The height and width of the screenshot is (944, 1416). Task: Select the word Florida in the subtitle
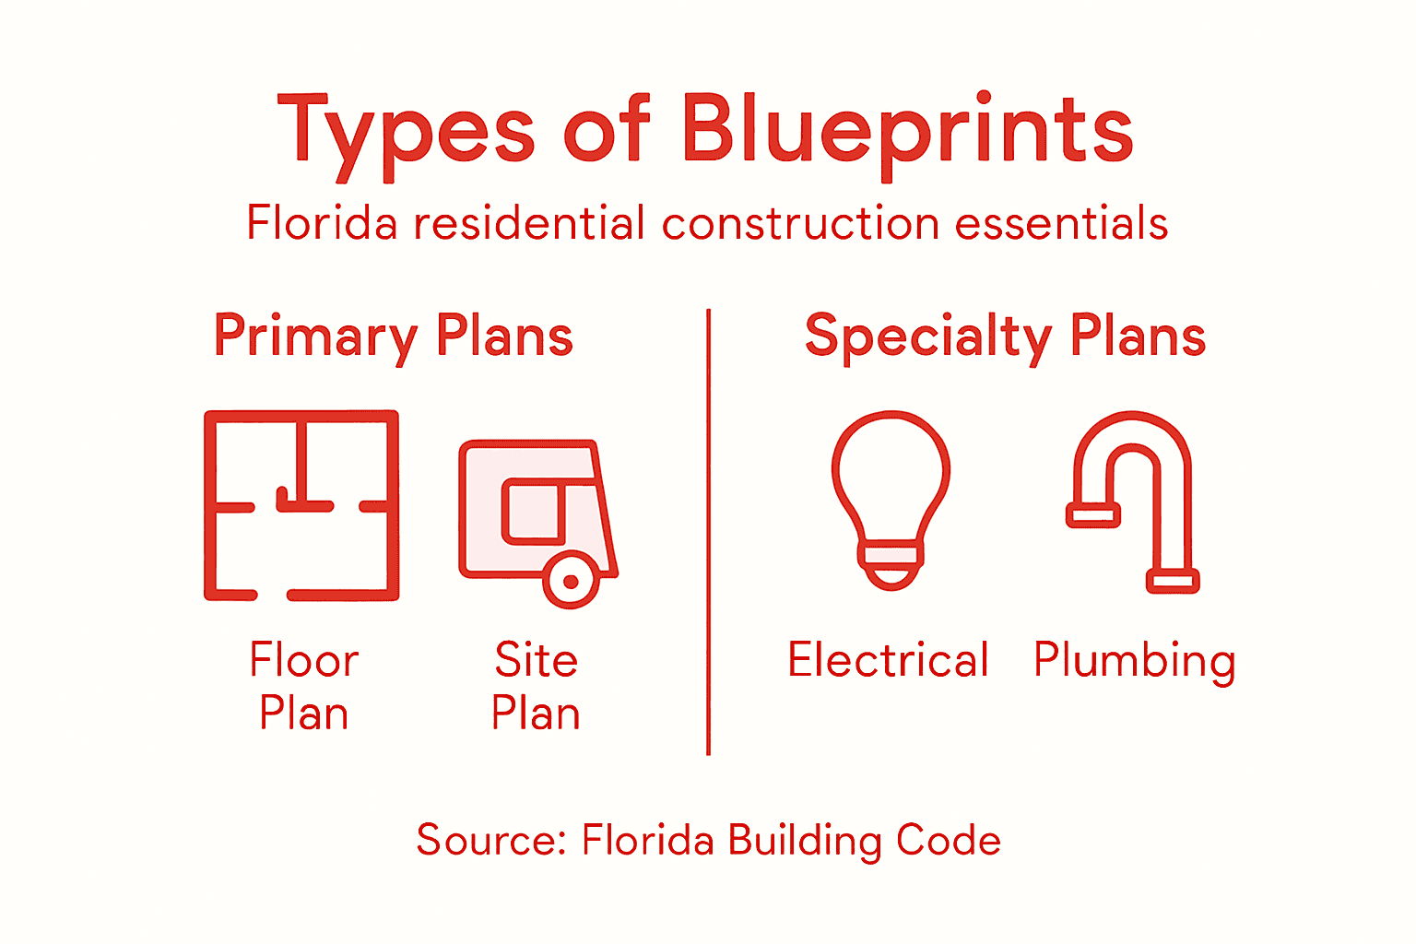pos(322,224)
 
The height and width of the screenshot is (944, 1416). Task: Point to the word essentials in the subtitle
pos(1061,224)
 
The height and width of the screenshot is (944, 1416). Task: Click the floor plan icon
pos(301,505)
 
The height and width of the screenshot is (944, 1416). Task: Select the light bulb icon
pos(891,498)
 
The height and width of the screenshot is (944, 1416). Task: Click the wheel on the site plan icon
pos(571,581)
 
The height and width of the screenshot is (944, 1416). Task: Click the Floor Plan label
pos(303,687)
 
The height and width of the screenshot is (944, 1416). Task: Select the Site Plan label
pos(536,687)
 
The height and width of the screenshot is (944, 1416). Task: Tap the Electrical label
pos(888,661)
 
